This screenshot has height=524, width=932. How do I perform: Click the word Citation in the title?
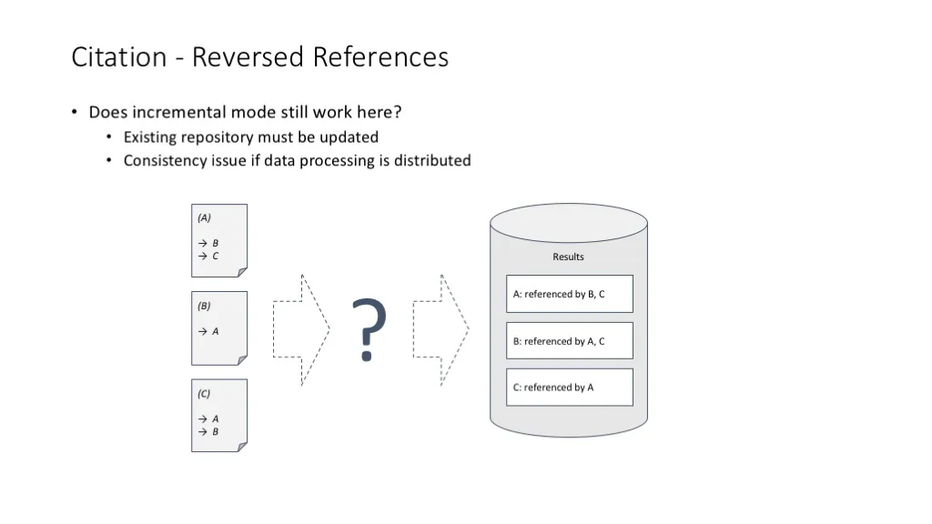[x=119, y=57]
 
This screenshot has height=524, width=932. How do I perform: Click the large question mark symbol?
[x=370, y=329]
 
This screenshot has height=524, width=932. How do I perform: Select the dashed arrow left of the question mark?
[x=301, y=329]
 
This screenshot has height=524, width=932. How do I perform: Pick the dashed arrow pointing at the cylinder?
[x=441, y=329]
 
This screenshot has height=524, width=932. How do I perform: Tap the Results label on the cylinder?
[x=568, y=257]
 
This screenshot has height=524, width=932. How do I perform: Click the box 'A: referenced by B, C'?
[x=570, y=294]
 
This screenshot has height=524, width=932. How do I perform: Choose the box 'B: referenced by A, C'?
[x=570, y=340]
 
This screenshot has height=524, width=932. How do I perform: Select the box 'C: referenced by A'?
[x=570, y=388]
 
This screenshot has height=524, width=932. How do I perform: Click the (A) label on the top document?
[x=205, y=217]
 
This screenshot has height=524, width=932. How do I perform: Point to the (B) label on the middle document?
[x=205, y=306]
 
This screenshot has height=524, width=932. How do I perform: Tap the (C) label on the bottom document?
[x=205, y=393]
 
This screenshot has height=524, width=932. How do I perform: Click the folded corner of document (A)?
[x=242, y=272]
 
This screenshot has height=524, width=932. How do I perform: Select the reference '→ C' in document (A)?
[x=208, y=256]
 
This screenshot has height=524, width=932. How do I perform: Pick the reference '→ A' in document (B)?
[x=208, y=331]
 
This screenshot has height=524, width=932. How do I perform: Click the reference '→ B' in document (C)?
[x=208, y=432]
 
